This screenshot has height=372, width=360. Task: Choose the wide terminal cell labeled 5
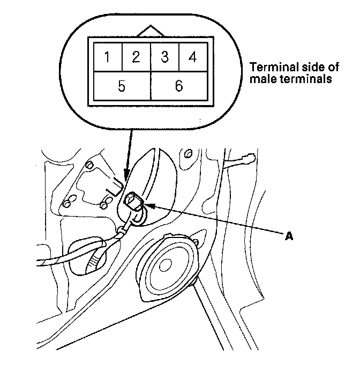tap(122, 86)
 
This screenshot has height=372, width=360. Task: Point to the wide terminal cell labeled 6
tap(178, 86)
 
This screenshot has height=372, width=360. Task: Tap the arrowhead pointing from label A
tap(150, 205)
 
